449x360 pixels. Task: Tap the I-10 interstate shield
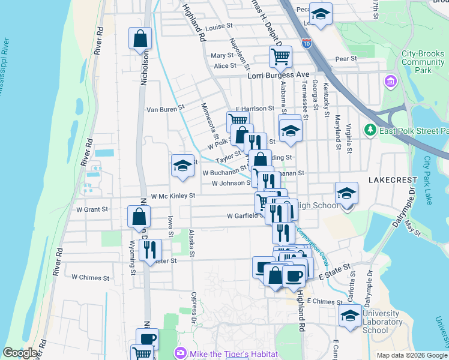tap(306, 44)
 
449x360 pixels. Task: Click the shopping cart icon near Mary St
tap(280, 57)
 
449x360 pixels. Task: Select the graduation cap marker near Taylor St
tap(182, 167)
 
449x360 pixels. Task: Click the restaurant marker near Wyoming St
tap(150, 249)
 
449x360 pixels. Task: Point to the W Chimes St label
tap(91, 278)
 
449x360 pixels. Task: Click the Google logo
tap(20, 353)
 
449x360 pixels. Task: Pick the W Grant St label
tap(91, 210)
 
